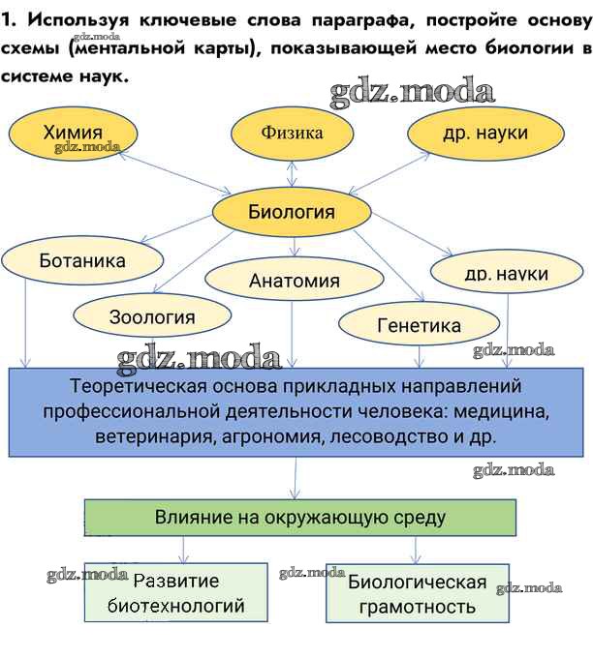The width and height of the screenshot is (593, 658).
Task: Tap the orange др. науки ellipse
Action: [484, 134]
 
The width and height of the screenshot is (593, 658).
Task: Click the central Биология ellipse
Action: [291, 212]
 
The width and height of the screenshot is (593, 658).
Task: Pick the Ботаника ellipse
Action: [82, 260]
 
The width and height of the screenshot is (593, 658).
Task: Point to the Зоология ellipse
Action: [151, 316]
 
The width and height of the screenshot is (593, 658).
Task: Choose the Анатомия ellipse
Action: [294, 281]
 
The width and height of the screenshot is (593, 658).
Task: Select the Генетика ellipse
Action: [418, 325]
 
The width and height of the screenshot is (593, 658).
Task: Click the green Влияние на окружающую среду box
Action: [299, 518]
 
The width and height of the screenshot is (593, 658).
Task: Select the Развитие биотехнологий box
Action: [175, 593]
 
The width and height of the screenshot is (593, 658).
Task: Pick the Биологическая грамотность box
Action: [417, 593]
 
